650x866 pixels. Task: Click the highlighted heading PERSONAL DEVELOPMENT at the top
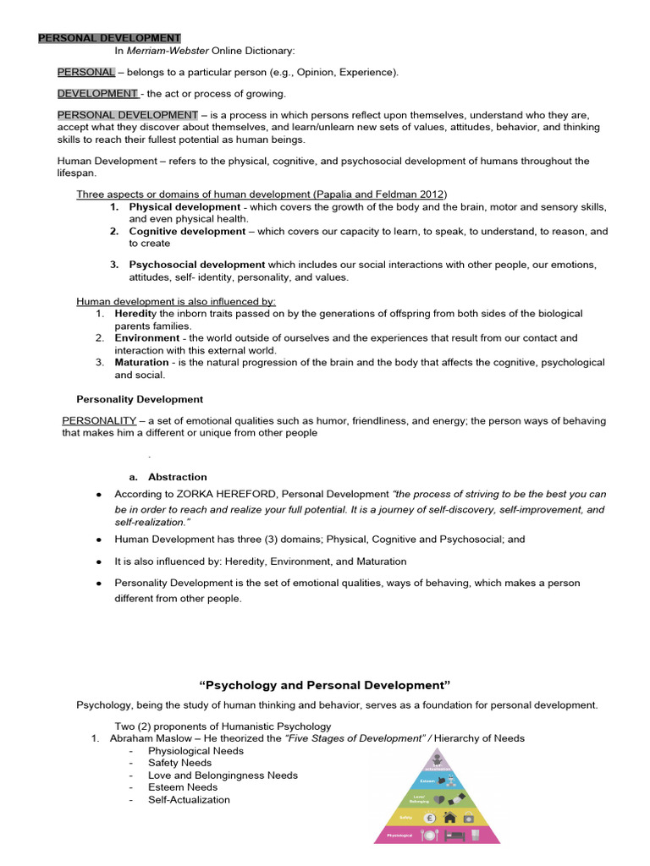tap(109, 38)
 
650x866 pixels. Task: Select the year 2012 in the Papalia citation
tap(431, 195)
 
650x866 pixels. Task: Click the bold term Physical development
tap(185, 207)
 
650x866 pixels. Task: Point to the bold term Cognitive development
tap(187, 231)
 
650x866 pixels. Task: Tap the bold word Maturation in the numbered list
tap(142, 362)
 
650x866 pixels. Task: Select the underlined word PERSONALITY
tap(99, 420)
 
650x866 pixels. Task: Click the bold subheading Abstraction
tap(178, 477)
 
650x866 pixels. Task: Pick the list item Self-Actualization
tap(189, 799)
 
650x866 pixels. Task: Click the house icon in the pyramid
tap(449, 818)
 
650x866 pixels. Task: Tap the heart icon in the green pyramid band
tap(440, 799)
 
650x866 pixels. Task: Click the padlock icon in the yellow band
tap(469, 818)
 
